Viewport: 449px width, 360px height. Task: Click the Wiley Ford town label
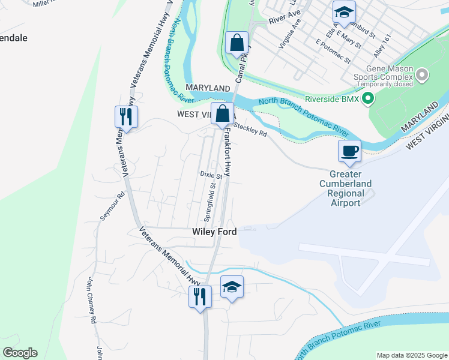pyautogui.click(x=214, y=232)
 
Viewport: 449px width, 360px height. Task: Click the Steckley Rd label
pyautogui.click(x=250, y=129)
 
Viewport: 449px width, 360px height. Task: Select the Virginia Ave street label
pyautogui.click(x=289, y=35)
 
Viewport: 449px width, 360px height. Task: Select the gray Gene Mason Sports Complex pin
pyautogui.click(x=422, y=75)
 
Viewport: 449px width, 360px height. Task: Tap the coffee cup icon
pyautogui.click(x=349, y=151)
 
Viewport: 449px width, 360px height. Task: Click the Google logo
pyautogui.click(x=20, y=353)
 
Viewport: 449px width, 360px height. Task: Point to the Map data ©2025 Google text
pyautogui.click(x=412, y=355)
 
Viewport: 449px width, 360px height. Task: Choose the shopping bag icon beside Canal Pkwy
pyautogui.click(x=237, y=43)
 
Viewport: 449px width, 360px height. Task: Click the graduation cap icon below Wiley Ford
pyautogui.click(x=232, y=286)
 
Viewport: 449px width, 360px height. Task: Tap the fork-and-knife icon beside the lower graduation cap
pyautogui.click(x=200, y=296)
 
